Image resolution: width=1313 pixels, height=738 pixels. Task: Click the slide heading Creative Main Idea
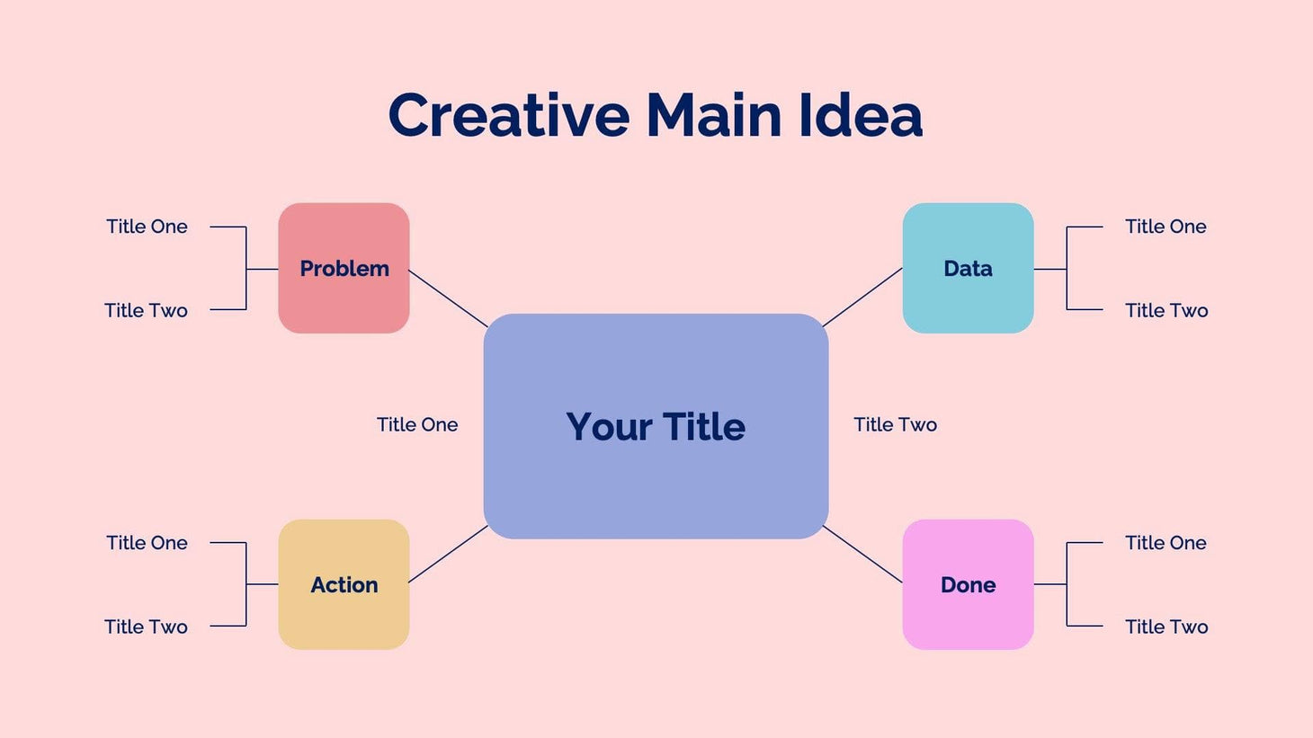pos(655,116)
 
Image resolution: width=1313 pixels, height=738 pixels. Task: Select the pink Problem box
pos(344,268)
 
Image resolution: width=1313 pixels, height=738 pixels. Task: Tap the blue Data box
pos(968,268)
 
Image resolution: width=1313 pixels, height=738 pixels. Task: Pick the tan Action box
pos(344,584)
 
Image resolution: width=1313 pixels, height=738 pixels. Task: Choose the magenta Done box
pos(968,584)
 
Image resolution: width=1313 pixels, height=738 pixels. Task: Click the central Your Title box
pos(656,426)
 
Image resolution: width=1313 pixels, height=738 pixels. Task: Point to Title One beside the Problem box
pos(147,227)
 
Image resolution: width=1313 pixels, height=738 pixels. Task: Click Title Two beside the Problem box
pos(146,310)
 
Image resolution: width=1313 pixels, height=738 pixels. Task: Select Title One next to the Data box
pos(1166,227)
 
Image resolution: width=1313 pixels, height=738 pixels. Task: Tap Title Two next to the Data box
pos(1166,310)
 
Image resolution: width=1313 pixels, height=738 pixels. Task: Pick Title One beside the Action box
pos(147,543)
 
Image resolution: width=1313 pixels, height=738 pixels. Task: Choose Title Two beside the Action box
pos(146,627)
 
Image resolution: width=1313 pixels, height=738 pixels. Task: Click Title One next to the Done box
pos(1166,543)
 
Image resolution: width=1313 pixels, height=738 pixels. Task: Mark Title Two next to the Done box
pos(1166,627)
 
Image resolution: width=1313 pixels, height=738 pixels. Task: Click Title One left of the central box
pos(417,424)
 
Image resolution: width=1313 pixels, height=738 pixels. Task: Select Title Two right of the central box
pos(895,424)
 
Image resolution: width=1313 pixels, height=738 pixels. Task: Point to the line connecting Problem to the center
pos(448,298)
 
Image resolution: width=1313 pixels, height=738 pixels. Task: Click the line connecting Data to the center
pos(862,298)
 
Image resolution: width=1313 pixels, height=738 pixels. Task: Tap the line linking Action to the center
pos(448,554)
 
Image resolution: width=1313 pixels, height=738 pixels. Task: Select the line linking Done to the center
pos(862,555)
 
